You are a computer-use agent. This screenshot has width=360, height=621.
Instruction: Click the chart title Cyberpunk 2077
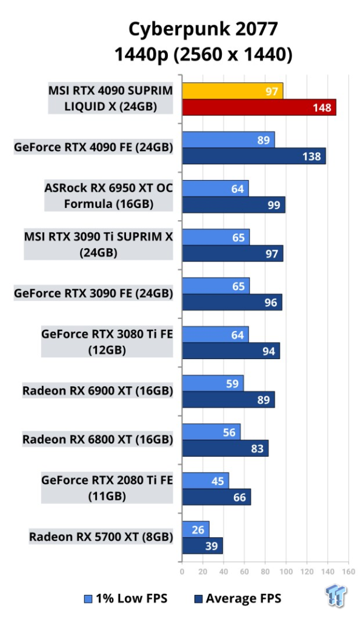pyautogui.click(x=203, y=29)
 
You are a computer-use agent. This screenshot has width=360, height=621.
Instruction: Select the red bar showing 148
pyautogui.click(x=259, y=107)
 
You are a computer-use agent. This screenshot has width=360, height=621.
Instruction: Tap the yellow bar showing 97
pyautogui.click(x=233, y=91)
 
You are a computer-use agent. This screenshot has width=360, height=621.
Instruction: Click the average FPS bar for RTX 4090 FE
pyautogui.click(x=254, y=156)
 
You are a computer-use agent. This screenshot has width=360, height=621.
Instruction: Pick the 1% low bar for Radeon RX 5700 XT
pyautogui.click(x=196, y=529)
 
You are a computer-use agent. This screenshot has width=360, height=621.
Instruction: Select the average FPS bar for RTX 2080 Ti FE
pyautogui.click(x=216, y=497)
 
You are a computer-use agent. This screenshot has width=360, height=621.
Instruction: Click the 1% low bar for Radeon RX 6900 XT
pyautogui.click(x=213, y=383)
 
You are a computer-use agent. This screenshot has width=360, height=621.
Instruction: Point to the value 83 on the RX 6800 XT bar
pyautogui.click(x=257, y=448)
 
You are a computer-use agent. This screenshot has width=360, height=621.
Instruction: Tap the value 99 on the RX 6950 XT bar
pyautogui.click(x=274, y=205)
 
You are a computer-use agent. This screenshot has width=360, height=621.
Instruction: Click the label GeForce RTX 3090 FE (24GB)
pyautogui.click(x=93, y=294)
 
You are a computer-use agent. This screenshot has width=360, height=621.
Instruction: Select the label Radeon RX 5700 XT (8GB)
pyautogui.click(x=101, y=537)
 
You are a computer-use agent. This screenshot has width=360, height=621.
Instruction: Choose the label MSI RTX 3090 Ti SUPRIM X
pyautogui.click(x=99, y=237)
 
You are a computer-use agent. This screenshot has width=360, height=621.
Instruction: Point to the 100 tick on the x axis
pyautogui.click(x=286, y=571)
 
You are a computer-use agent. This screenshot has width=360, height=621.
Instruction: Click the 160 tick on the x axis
pyautogui.click(x=348, y=571)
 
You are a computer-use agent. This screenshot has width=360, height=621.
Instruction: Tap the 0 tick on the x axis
pyautogui.click(x=182, y=571)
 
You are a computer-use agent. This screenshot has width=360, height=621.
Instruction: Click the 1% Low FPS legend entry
pyautogui.click(x=126, y=599)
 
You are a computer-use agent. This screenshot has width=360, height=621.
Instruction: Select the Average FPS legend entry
pyautogui.click(x=238, y=599)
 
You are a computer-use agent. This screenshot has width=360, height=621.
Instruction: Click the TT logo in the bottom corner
pyautogui.click(x=336, y=596)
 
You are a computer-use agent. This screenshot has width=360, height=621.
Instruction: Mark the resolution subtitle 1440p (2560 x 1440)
pyautogui.click(x=204, y=54)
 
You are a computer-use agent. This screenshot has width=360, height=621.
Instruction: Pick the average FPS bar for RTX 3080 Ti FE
pyautogui.click(x=231, y=351)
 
